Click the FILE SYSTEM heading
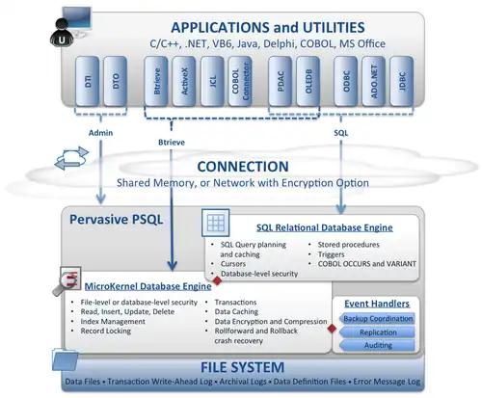pyautogui.click(x=242, y=367)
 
